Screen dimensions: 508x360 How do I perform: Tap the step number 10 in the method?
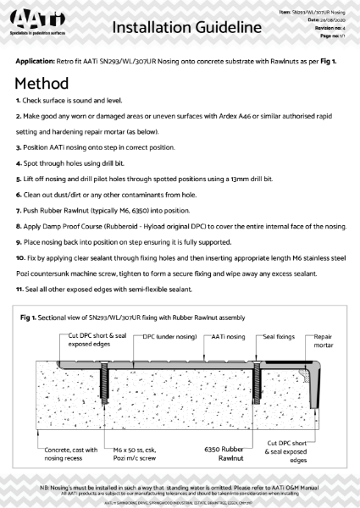[x=21, y=255]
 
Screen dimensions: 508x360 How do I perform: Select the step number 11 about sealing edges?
[x=20, y=290]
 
